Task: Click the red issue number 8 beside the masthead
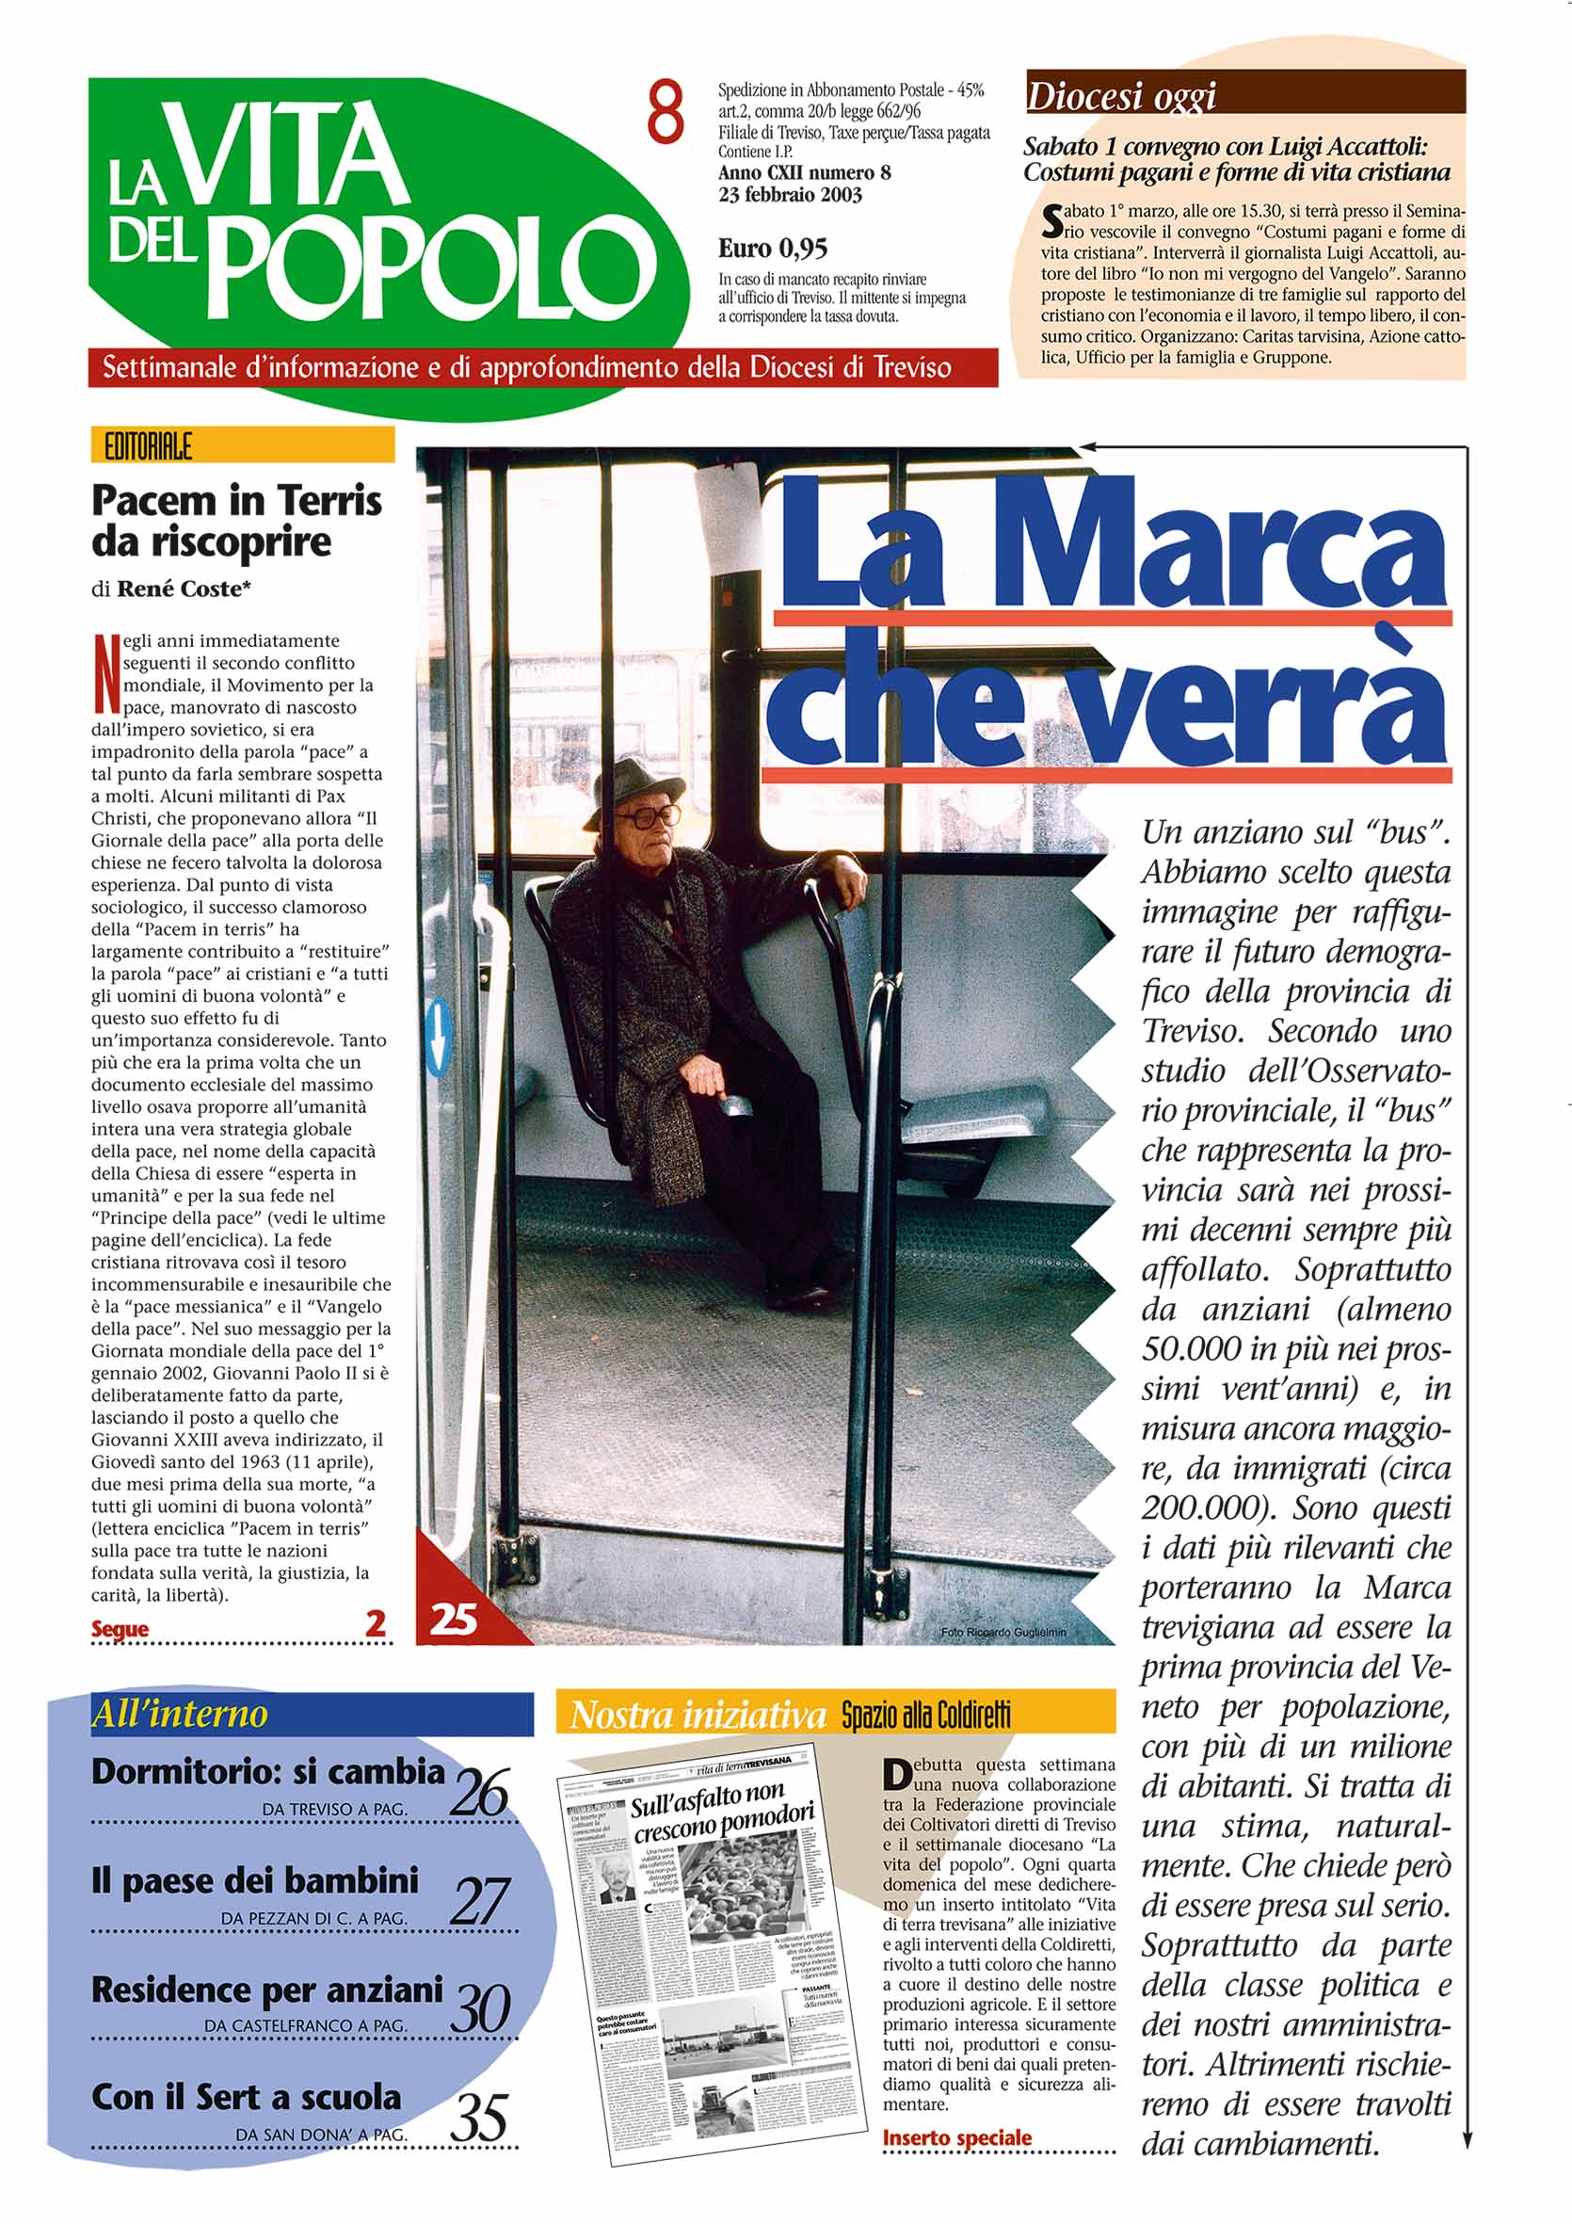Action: click(x=666, y=114)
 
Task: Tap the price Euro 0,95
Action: click(x=772, y=249)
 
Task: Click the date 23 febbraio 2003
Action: click(x=790, y=195)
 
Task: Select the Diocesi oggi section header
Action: click(x=1121, y=97)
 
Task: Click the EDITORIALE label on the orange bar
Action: click(x=147, y=446)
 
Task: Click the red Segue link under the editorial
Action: click(x=120, y=1629)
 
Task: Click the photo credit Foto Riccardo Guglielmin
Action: click(x=1003, y=1632)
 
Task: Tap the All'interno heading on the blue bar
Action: click(x=179, y=1715)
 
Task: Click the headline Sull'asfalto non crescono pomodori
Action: click(x=722, y=1813)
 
